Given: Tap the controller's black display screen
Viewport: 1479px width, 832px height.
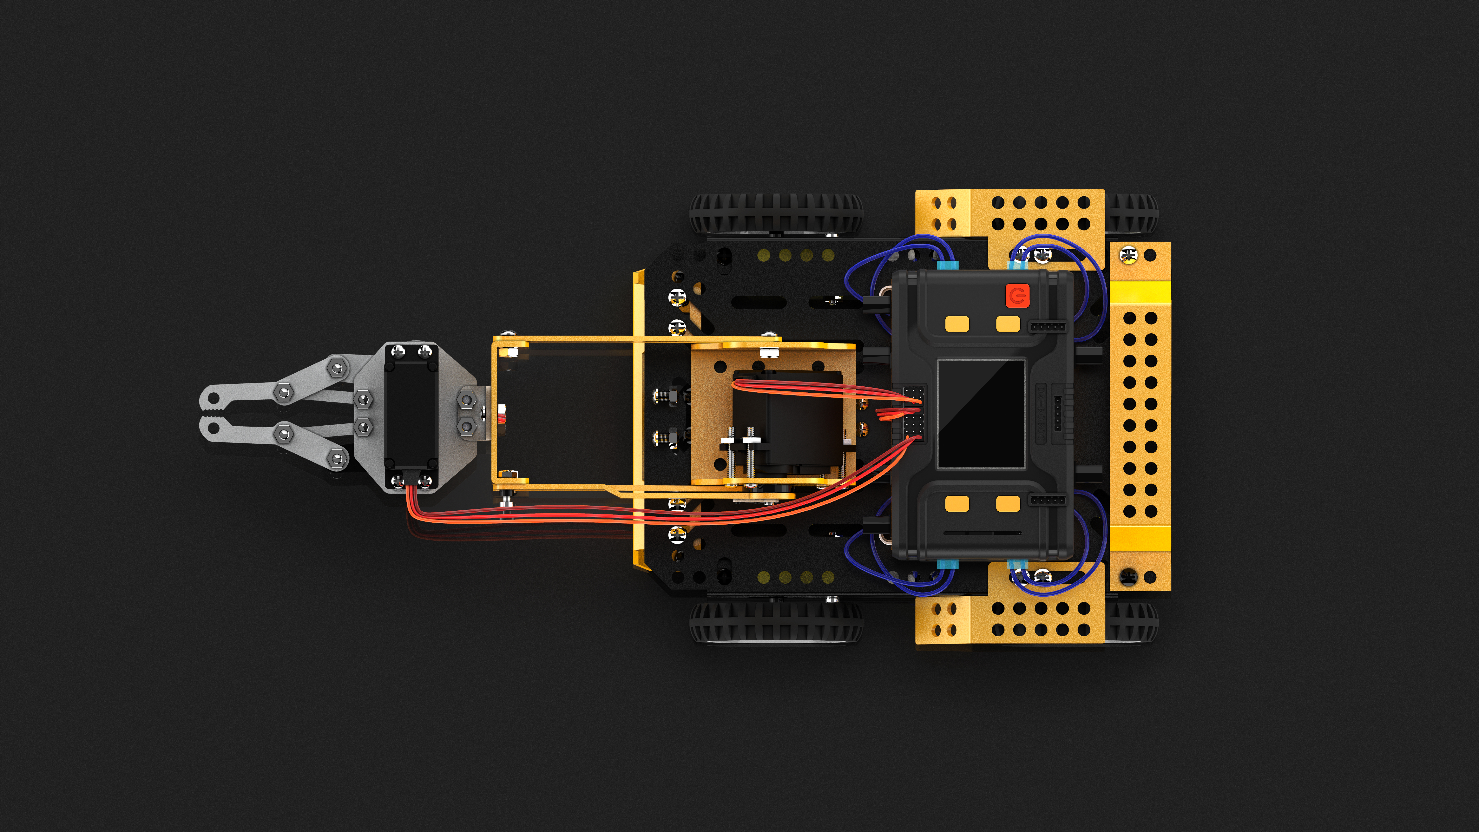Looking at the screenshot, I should (981, 413).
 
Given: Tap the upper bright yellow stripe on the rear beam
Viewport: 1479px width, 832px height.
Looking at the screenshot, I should (1140, 292).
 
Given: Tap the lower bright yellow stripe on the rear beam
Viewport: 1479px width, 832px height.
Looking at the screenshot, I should (1140, 538).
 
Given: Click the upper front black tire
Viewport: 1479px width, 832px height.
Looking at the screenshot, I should (775, 213).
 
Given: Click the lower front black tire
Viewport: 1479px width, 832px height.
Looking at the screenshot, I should (775, 621).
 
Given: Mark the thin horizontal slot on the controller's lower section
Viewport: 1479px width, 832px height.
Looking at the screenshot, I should (982, 533).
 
